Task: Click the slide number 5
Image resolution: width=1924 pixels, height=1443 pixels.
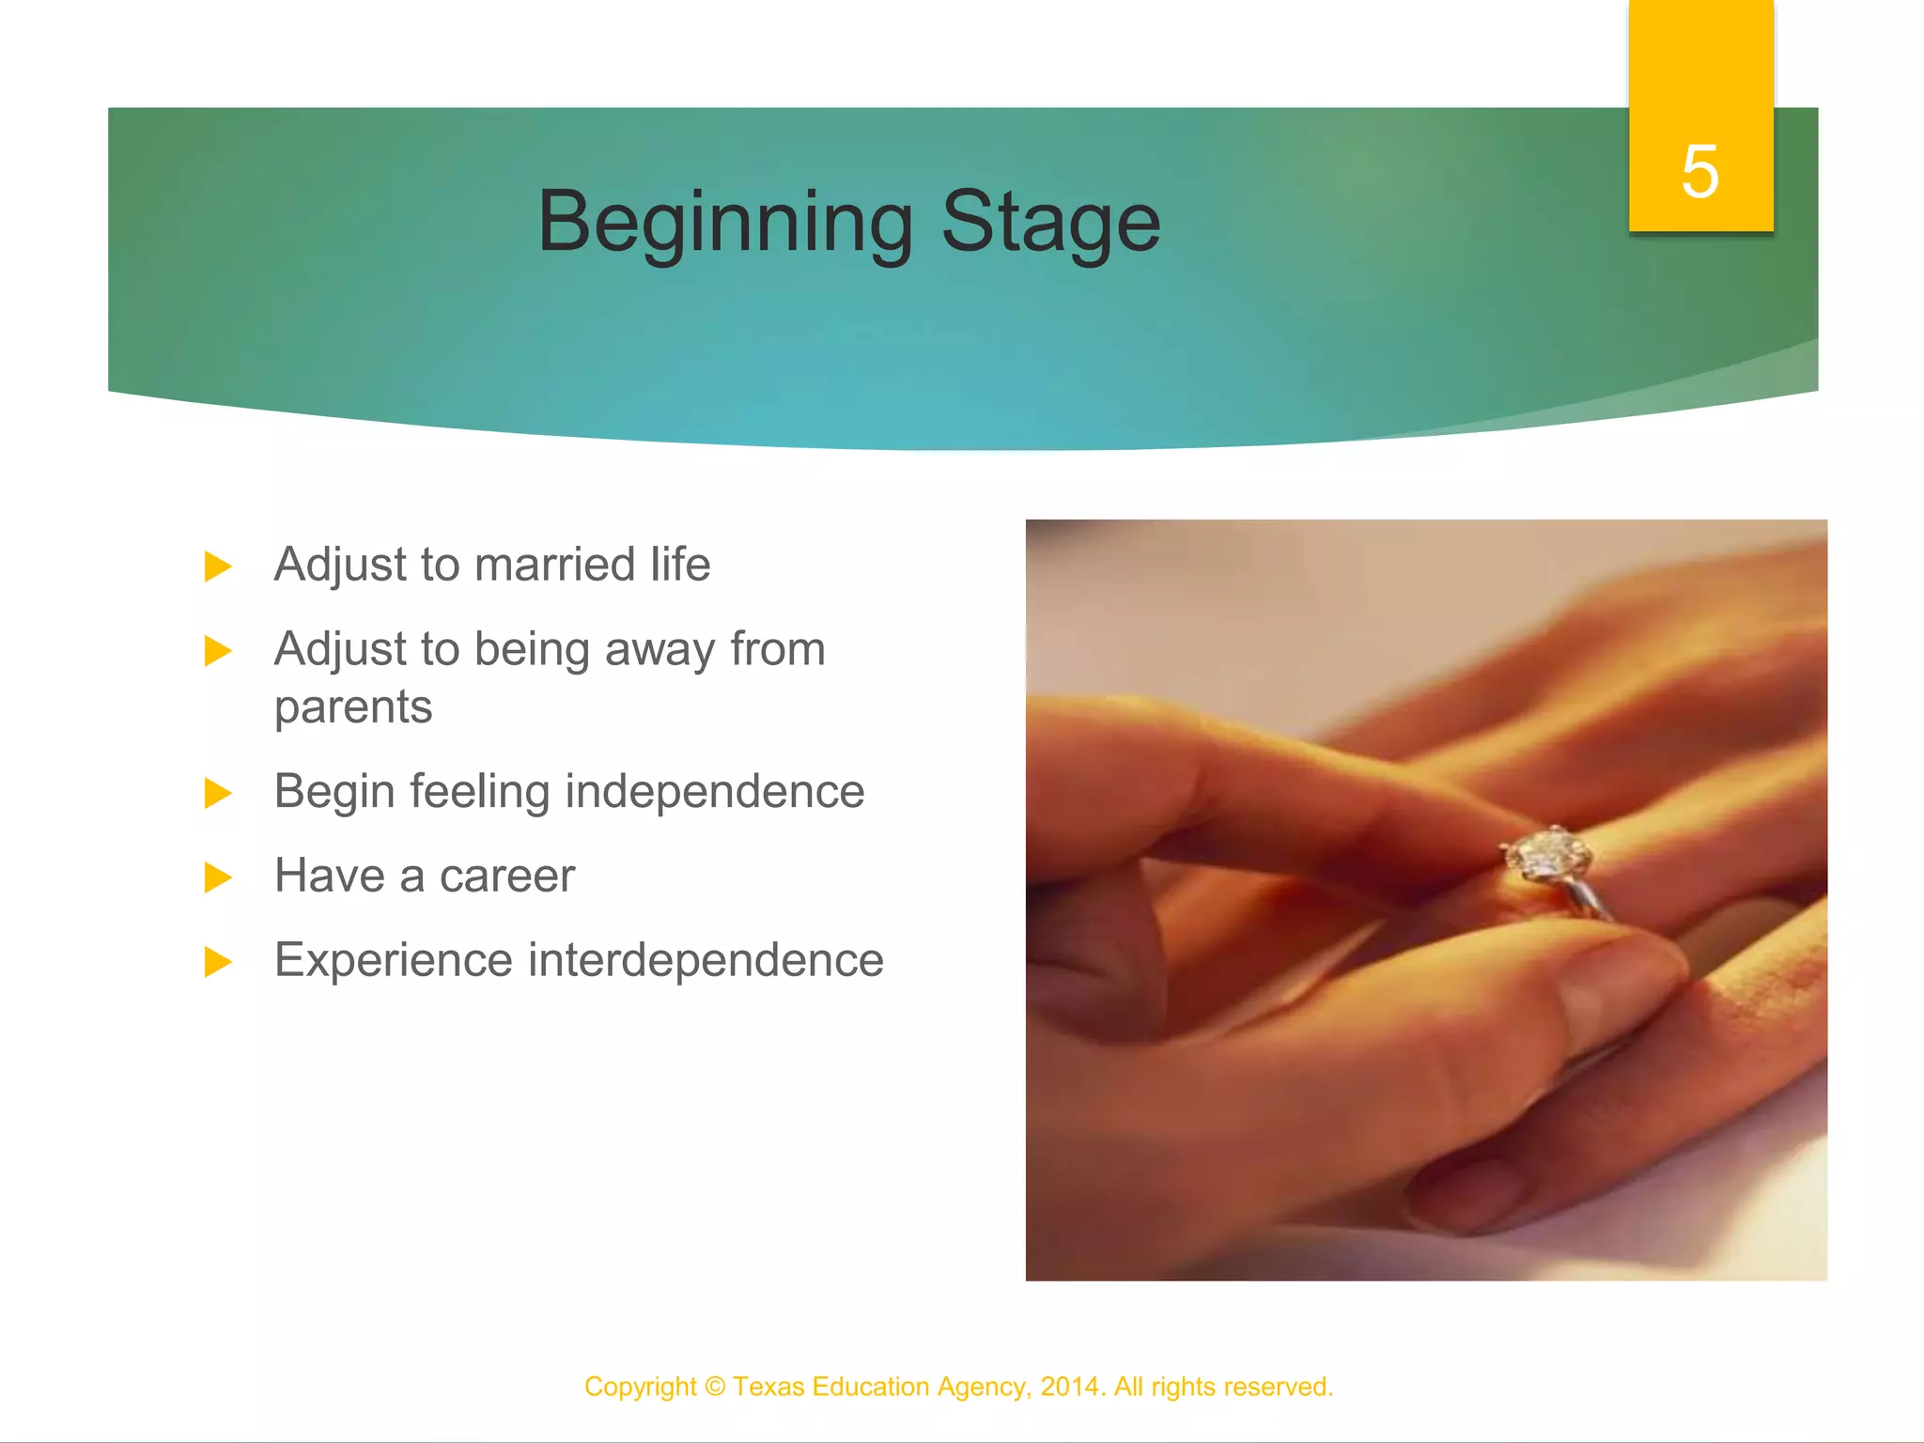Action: coord(1699,172)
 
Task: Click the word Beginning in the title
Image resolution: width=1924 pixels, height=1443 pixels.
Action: coord(724,223)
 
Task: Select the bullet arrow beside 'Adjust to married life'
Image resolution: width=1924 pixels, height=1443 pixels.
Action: coord(217,566)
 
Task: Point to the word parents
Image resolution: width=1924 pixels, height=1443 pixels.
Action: coord(353,707)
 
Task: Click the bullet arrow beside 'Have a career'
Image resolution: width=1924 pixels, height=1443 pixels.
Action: coord(217,877)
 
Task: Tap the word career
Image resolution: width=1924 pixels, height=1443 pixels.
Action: coord(506,877)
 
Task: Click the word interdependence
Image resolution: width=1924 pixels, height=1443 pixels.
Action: coord(706,960)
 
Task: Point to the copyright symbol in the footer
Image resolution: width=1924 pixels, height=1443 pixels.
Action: coord(715,1387)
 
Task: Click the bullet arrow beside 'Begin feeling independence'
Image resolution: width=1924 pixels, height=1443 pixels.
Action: coord(217,793)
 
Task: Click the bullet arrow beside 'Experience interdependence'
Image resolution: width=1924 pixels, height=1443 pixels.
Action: coord(217,962)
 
